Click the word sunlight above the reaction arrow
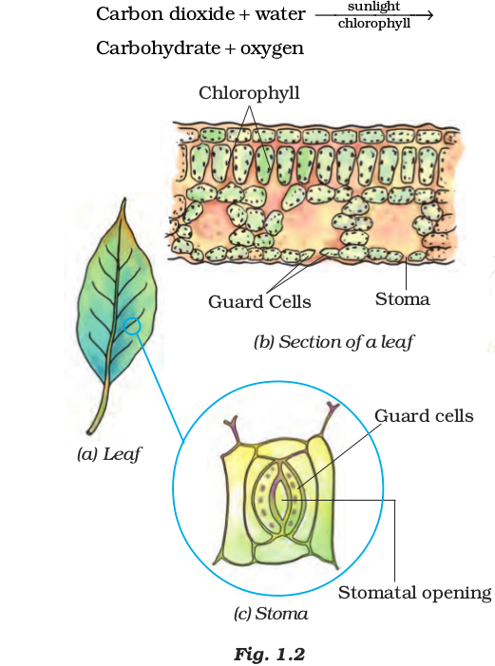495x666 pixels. click(x=373, y=7)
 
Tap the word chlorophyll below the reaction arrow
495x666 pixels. click(x=374, y=24)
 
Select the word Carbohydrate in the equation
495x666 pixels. click(x=158, y=48)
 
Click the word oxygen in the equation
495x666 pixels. click(x=272, y=49)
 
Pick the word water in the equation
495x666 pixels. click(x=279, y=14)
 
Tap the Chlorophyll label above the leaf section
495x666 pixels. click(x=249, y=93)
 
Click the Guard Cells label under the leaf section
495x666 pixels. click(x=259, y=301)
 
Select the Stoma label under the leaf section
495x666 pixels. click(x=402, y=299)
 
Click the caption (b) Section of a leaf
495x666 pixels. click(x=333, y=342)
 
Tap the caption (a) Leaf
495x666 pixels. click(x=108, y=454)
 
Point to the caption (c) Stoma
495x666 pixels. click(x=271, y=614)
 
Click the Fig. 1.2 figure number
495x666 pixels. click(x=270, y=654)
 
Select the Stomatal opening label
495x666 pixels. click(x=414, y=594)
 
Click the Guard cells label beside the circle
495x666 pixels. click(x=424, y=416)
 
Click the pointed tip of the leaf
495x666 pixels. click(x=124, y=200)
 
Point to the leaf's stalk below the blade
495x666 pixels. click(x=99, y=408)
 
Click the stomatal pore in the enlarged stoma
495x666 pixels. click(x=281, y=501)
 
